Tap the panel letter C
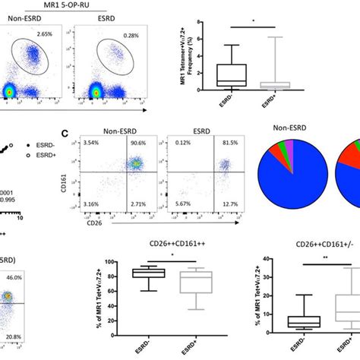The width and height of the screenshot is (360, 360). (66, 134)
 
